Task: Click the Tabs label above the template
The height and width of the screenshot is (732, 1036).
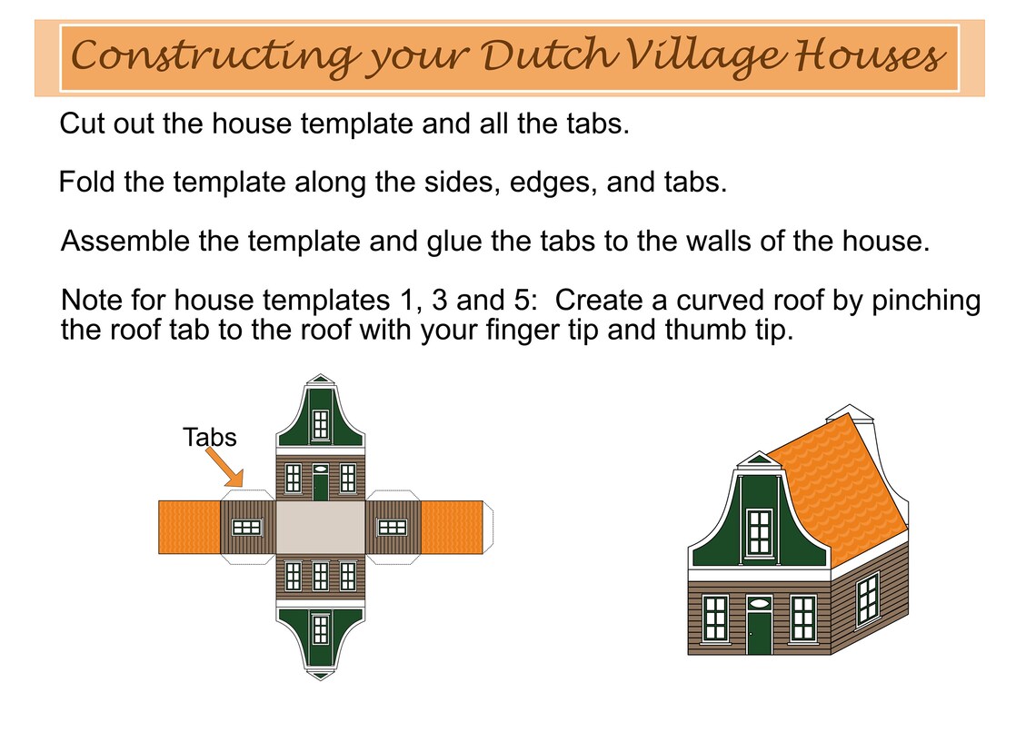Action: click(x=210, y=438)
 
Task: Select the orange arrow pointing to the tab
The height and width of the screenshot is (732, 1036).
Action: click(x=224, y=466)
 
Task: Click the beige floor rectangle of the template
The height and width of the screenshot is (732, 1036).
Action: click(x=320, y=527)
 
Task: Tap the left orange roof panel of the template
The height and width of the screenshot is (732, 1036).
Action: click(x=189, y=527)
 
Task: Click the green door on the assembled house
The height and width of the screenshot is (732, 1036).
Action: click(x=759, y=632)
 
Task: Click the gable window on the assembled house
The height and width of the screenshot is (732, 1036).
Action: click(x=759, y=533)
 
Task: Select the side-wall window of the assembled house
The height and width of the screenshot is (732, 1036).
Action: click(x=867, y=599)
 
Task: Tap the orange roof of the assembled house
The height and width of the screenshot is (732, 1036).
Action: click(x=836, y=490)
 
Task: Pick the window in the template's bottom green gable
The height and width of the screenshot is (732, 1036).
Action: click(x=320, y=628)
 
